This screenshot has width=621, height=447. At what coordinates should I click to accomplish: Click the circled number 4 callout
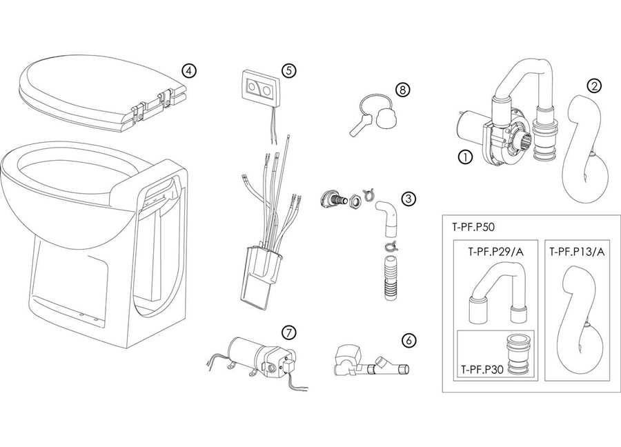tap(188, 70)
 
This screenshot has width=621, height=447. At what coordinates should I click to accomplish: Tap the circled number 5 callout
tap(288, 70)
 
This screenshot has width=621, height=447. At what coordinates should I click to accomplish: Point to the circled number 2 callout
tap(593, 86)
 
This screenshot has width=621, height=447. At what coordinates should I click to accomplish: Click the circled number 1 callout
tap(464, 157)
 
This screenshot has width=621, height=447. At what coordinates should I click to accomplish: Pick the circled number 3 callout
tap(409, 199)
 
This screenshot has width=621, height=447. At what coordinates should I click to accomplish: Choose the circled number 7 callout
tap(290, 332)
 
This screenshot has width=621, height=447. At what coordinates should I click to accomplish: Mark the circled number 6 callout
tap(409, 339)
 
